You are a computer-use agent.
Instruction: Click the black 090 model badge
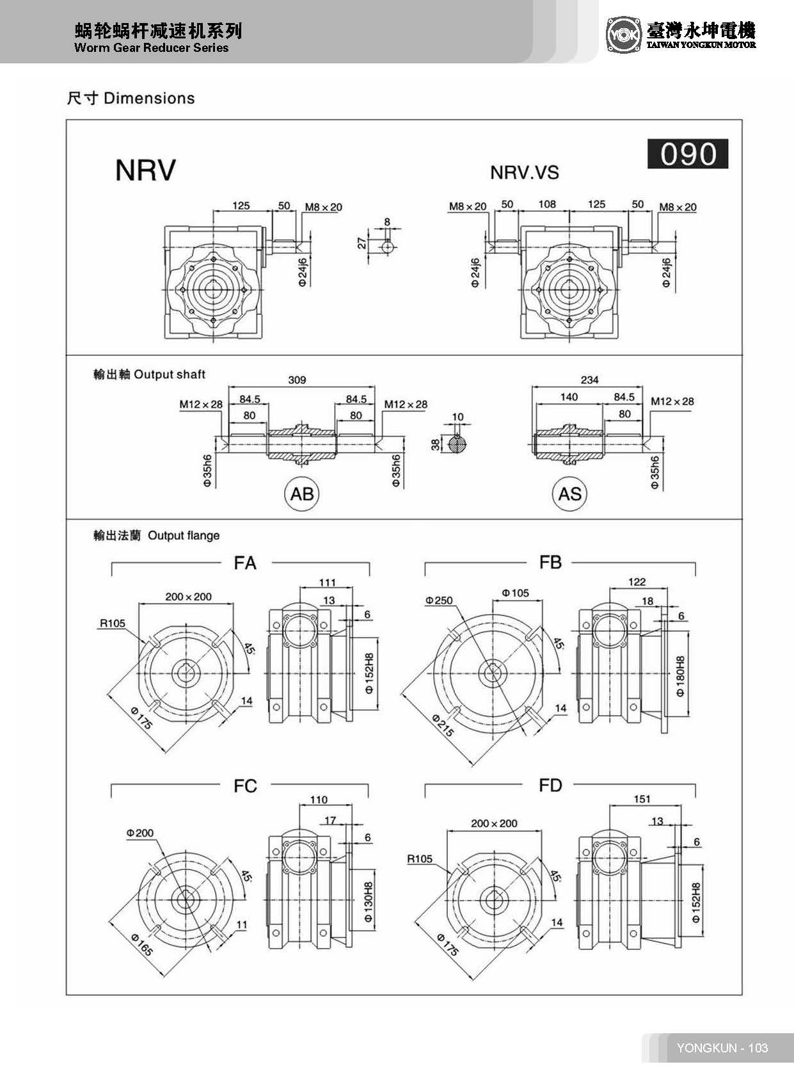click(x=688, y=154)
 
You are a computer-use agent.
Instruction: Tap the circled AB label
click(x=302, y=494)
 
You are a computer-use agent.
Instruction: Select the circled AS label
click(x=569, y=494)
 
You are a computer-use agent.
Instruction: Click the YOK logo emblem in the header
click(x=623, y=35)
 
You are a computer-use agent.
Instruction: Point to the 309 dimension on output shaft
click(x=297, y=380)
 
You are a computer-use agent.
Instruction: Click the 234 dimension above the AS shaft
click(x=589, y=380)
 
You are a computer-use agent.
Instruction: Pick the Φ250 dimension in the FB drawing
click(x=439, y=600)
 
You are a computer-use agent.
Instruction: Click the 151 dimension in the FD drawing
click(x=642, y=799)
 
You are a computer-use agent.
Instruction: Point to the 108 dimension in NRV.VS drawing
click(x=547, y=204)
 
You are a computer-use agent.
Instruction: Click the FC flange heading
click(x=245, y=786)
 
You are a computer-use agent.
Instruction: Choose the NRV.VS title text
click(x=524, y=173)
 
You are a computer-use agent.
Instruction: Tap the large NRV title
click(x=145, y=170)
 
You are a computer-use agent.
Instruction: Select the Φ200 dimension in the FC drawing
click(x=139, y=833)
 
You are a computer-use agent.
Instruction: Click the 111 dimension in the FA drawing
click(x=327, y=583)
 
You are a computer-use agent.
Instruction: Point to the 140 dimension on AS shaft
click(x=569, y=397)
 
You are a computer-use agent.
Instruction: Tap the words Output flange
click(x=184, y=536)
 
